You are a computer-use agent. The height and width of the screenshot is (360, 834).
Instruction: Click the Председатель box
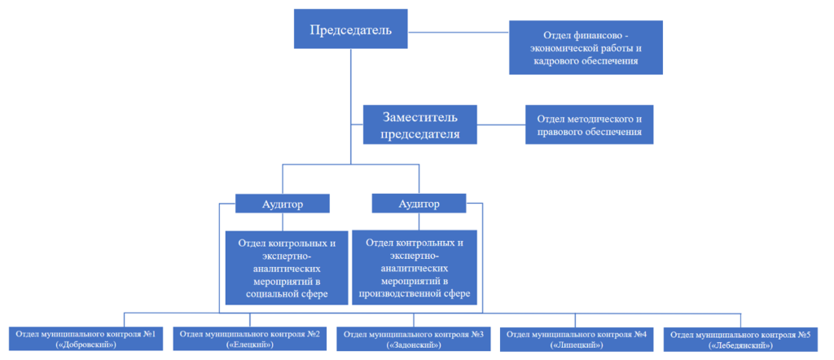click(x=350, y=31)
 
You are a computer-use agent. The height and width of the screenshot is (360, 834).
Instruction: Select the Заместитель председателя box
click(x=420, y=125)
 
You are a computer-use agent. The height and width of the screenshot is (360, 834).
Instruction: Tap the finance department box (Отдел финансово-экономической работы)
click(x=584, y=48)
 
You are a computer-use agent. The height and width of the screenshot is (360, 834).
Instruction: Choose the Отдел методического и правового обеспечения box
click(x=589, y=125)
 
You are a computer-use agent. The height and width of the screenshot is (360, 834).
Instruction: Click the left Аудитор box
click(x=282, y=204)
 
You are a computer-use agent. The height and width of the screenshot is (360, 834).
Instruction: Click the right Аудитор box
click(x=418, y=204)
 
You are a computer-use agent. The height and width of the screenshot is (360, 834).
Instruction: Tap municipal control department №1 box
click(x=86, y=339)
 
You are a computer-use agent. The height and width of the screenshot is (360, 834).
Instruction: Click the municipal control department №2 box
click(x=249, y=339)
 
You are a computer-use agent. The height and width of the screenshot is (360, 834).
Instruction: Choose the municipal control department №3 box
click(x=413, y=339)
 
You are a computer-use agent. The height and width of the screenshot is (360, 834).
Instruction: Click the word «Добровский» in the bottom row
click(x=86, y=345)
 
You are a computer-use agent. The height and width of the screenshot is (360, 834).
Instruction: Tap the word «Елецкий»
click(x=249, y=345)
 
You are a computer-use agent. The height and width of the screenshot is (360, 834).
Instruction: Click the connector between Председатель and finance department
click(x=459, y=32)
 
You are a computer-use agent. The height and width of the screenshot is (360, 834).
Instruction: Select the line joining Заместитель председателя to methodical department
click(x=502, y=125)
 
